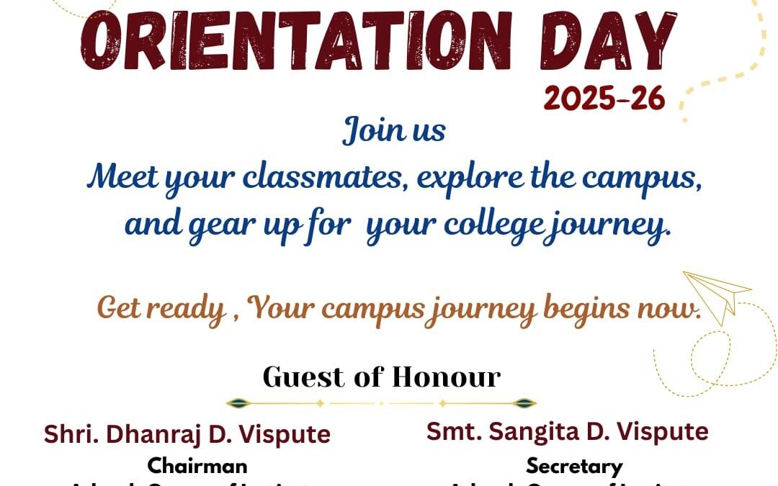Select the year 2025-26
tap(604, 99)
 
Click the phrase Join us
tap(393, 131)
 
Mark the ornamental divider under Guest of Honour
tap(381, 403)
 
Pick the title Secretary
tap(573, 466)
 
